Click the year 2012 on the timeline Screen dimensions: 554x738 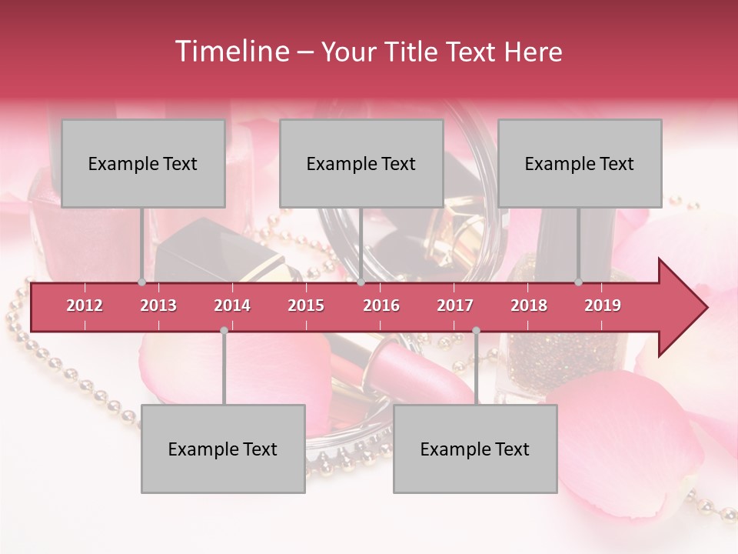coord(85,305)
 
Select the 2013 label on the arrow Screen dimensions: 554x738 coord(158,305)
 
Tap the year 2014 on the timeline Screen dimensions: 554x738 coord(232,305)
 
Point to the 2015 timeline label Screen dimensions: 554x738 coord(306,305)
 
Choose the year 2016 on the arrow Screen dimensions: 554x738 coord(381,305)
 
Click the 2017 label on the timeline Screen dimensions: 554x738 coord(455,305)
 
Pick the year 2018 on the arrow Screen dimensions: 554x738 coord(529,305)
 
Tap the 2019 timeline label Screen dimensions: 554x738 coord(603,305)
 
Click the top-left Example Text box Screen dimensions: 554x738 coord(143,164)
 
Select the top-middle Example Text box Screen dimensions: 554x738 coord(361,164)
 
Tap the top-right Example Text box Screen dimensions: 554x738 coord(580,164)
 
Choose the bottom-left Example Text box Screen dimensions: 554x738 coord(223,449)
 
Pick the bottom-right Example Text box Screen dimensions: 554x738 coord(475,449)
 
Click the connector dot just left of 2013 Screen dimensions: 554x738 coord(141,282)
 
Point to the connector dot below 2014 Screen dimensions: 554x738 coord(224,330)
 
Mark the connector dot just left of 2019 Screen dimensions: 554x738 coord(579,282)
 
